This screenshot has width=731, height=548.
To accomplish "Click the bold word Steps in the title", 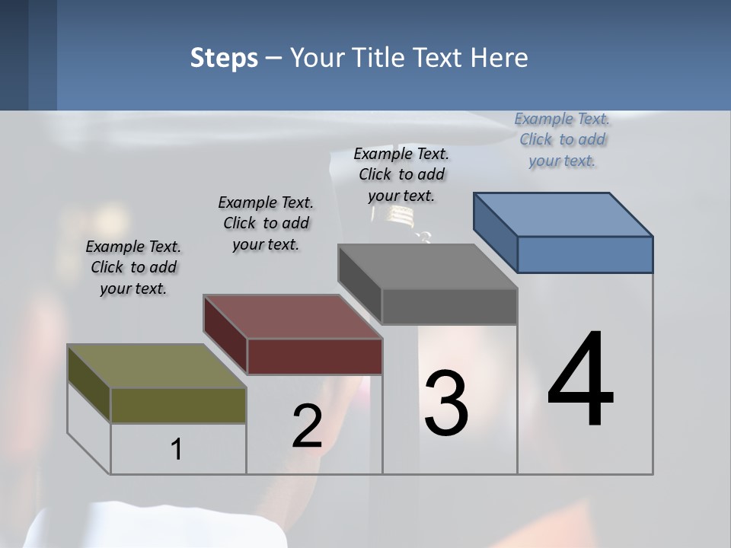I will [x=223, y=58].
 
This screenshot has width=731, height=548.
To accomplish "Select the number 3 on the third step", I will [x=446, y=403].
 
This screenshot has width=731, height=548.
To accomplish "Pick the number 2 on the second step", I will [x=307, y=426].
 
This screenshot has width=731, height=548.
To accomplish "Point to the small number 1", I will [x=176, y=449].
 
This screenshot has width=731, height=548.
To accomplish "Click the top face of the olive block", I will [x=156, y=366].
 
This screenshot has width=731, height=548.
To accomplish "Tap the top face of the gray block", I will [x=426, y=266].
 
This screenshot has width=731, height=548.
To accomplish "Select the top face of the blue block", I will [x=562, y=214].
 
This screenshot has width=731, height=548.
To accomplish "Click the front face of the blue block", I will [x=585, y=254].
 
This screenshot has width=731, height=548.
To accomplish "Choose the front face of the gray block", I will [x=449, y=307].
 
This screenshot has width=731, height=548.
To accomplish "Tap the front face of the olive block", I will [x=178, y=405].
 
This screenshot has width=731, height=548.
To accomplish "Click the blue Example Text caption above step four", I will [x=562, y=139].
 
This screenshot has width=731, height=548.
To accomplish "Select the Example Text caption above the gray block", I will [x=401, y=174].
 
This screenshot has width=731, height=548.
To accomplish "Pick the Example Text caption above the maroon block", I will [x=266, y=223].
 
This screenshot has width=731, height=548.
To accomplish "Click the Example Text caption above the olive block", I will [x=133, y=267].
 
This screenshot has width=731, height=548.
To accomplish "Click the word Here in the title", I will [x=500, y=58].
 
